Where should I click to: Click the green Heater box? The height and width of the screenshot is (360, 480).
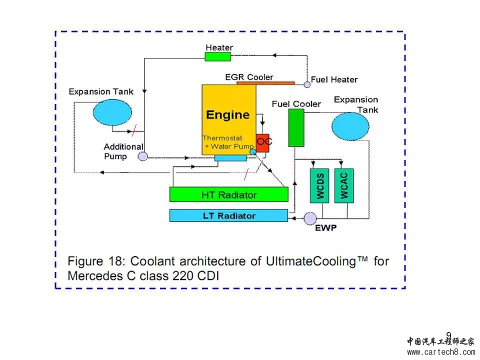pyautogui.click(x=218, y=56)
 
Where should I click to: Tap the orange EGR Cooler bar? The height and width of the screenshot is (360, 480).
pyautogui.click(x=265, y=82)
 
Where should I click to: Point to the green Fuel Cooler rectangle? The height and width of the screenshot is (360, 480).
pyautogui.click(x=296, y=127)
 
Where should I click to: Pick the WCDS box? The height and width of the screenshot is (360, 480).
pyautogui.click(x=320, y=187)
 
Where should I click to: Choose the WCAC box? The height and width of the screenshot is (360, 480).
pyautogui.click(x=344, y=187)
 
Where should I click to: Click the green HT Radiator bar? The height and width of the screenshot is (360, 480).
pyautogui.click(x=228, y=194)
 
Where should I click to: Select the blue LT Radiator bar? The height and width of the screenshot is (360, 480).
pyautogui.click(x=228, y=215)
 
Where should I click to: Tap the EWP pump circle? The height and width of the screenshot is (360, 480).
pyautogui.click(x=310, y=218)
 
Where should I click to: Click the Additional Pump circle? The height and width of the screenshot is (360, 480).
pyautogui.click(x=142, y=156)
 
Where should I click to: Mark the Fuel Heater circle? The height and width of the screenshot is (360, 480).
pyautogui.click(x=307, y=84)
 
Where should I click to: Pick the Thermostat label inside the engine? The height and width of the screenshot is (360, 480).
pyautogui.click(x=222, y=138)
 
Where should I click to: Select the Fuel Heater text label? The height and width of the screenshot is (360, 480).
pyautogui.click(x=334, y=79)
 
